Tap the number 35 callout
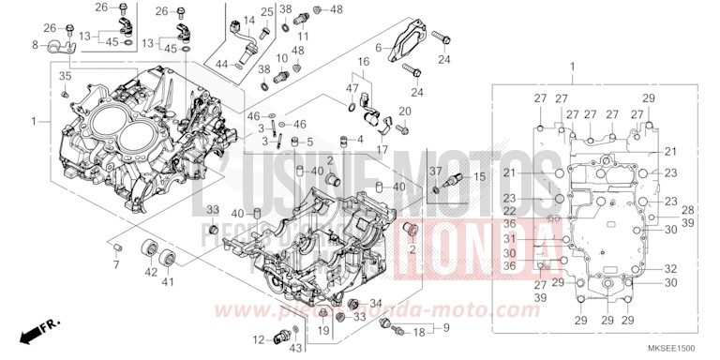pos(65,75)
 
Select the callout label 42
pos(150,271)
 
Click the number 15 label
pos(478,176)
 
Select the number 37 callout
pos(434,170)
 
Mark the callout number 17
pos(382,149)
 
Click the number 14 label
pos(249,21)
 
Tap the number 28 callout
pos(686,210)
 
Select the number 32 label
pos(670,268)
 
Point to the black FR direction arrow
pos(37,330)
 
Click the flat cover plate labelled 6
pos(409,43)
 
